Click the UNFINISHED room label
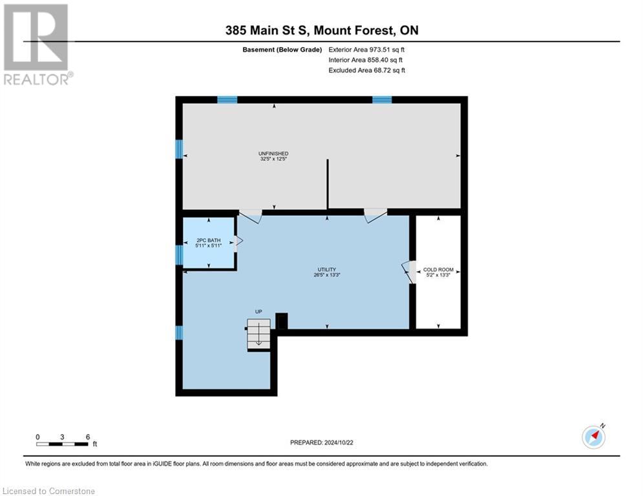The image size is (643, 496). click(273, 153)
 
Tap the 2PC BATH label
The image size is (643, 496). click(208, 240)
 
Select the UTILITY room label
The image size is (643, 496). click(327, 270)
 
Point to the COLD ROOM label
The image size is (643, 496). click(438, 270)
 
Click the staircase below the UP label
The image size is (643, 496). click(258, 335)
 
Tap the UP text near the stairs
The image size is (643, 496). click(258, 311)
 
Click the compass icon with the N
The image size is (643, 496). click(594, 436)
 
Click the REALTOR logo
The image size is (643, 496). click(36, 45)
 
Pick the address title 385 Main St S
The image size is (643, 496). click(322, 30)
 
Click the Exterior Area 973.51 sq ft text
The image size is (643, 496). click(366, 50)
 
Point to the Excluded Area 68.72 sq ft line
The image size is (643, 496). click(366, 70)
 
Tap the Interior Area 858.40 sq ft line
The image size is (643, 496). click(365, 60)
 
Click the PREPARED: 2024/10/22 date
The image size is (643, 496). click(322, 442)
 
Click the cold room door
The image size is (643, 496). click(408, 272)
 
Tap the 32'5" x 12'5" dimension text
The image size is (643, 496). click(273, 159)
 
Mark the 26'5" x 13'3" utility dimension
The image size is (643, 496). click(327, 275)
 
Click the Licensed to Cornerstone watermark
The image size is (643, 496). click(48, 491)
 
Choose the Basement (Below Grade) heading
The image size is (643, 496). click(282, 50)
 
